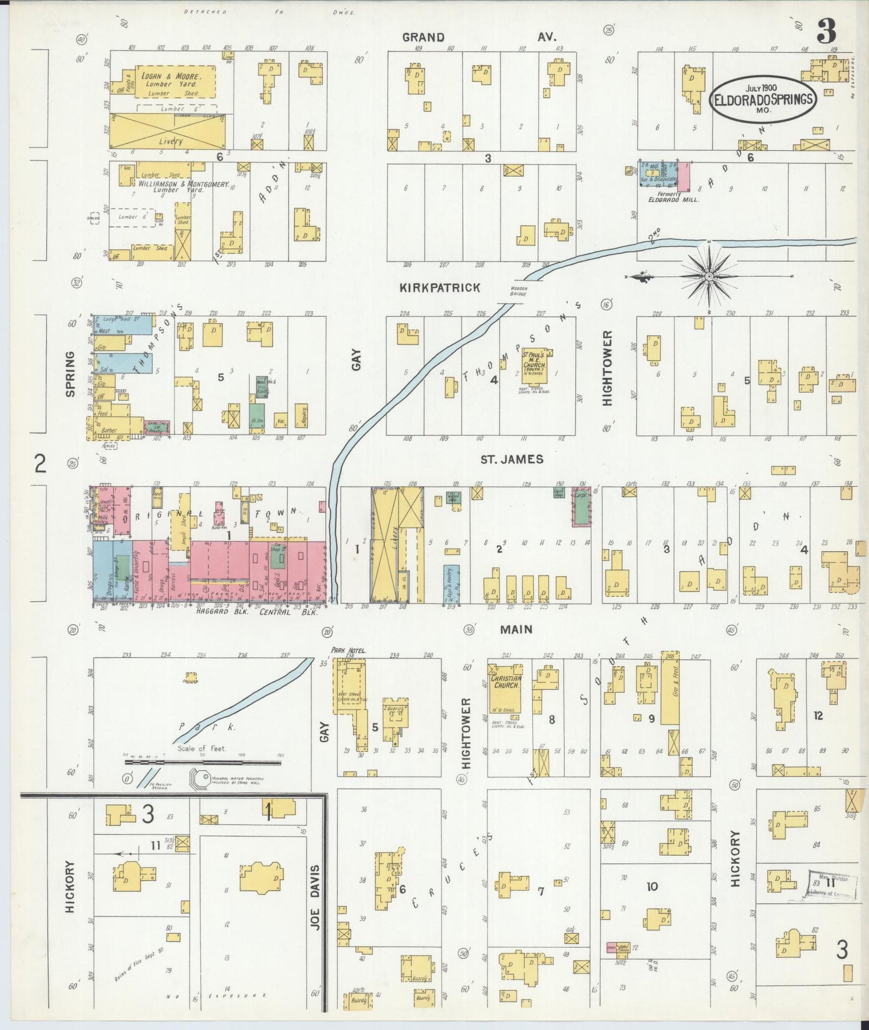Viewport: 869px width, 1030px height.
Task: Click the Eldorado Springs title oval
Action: pos(763,99)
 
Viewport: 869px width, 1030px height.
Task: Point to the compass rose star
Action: pos(709,276)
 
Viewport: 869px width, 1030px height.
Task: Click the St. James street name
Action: pos(511,459)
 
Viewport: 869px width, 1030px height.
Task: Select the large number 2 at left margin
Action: pos(40,463)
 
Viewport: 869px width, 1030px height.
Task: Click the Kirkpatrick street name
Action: pos(440,288)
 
